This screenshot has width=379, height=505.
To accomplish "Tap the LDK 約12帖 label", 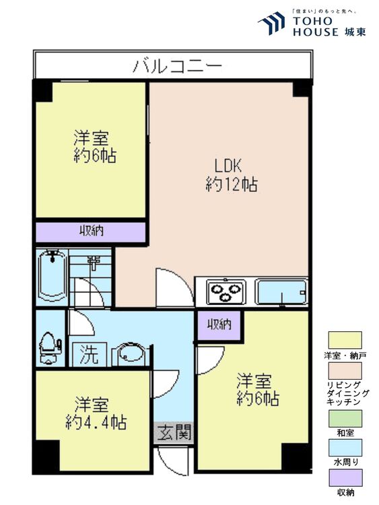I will click(230, 175).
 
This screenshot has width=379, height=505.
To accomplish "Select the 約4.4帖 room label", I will click(95, 414).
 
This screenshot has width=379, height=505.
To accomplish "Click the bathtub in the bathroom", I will click(52, 276).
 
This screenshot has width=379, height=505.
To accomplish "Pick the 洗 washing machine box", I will click(86, 352).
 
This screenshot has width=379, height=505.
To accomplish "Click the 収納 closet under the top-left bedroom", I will click(91, 231).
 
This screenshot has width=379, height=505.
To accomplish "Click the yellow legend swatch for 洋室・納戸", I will click(344, 339).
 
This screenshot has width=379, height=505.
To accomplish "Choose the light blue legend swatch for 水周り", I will click(344, 448).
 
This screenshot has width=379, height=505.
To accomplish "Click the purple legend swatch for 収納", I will click(344, 477).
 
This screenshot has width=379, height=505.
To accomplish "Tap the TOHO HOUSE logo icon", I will click(272, 23).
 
